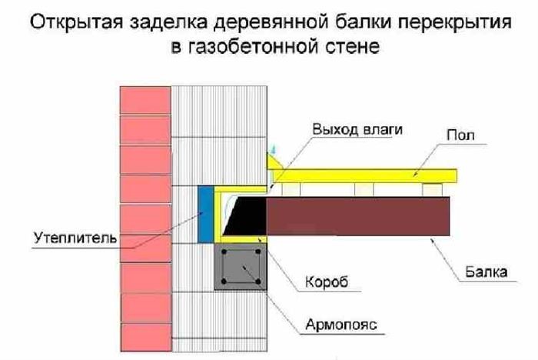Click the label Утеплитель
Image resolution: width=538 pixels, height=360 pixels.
(x=75, y=238)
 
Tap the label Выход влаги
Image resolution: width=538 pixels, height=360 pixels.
(x=357, y=129)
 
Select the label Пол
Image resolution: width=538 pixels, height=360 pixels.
(x=460, y=135)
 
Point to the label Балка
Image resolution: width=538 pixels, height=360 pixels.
(x=486, y=272)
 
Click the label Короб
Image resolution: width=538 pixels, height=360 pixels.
(x=327, y=282)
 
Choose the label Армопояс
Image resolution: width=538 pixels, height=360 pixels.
(x=341, y=325)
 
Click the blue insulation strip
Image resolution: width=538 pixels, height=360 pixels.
(x=206, y=215)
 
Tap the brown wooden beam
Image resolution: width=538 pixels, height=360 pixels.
(x=358, y=216)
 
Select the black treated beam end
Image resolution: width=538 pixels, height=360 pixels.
(x=244, y=216)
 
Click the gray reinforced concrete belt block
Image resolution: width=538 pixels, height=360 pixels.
(x=241, y=267)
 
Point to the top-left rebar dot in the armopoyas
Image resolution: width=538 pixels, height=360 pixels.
(x=224, y=252)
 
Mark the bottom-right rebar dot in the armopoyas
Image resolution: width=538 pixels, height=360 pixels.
(x=258, y=282)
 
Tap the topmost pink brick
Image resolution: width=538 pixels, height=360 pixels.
(x=145, y=100)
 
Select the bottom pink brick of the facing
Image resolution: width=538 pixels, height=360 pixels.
(x=146, y=337)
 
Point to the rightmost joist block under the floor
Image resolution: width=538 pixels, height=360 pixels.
(x=432, y=190)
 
